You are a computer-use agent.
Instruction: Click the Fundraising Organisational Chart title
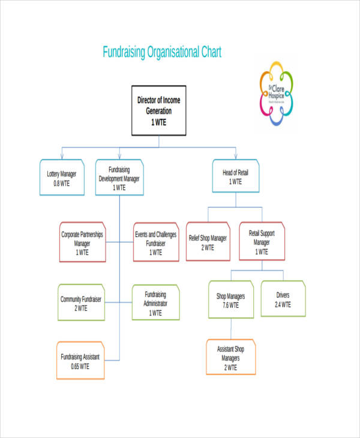point(162,52)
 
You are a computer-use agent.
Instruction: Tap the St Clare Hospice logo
point(277,92)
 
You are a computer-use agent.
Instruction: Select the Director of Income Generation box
point(158,110)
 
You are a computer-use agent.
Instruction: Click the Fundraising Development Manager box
point(119,178)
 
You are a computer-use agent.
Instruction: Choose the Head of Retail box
point(235,176)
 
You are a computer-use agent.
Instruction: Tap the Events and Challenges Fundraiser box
point(155,242)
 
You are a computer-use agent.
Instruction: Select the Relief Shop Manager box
point(208,242)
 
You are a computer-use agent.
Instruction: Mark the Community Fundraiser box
point(81,302)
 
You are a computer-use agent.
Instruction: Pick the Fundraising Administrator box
point(155,302)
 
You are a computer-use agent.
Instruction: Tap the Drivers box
point(283,299)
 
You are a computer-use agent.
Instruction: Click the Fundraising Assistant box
point(80,361)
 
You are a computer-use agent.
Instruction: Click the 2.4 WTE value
point(283,304)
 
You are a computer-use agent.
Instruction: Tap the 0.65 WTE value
point(80,366)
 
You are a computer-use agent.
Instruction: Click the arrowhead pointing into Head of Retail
point(236,156)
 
